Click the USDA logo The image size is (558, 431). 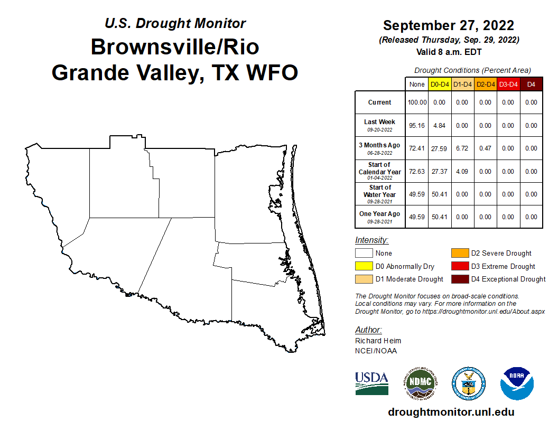point(371,383)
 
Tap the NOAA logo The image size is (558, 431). point(517,383)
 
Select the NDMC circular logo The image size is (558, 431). point(421,383)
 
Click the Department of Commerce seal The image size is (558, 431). point(468,383)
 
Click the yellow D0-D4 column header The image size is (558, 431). point(440,84)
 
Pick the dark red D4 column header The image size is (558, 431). point(531,84)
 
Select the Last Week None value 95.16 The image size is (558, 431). point(417,126)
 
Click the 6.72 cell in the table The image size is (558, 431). point(462,148)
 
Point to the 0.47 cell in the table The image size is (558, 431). point(485,148)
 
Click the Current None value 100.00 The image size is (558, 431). point(417,102)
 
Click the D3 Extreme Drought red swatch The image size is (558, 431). point(460,266)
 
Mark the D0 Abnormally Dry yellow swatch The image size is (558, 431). point(364,266)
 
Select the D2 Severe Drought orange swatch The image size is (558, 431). point(460,254)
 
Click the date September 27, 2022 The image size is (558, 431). point(449,25)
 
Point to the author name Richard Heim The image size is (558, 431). point(378,341)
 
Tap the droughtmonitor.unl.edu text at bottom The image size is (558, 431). point(451,412)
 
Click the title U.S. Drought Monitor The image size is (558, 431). point(175,24)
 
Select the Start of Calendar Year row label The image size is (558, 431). point(380,171)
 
